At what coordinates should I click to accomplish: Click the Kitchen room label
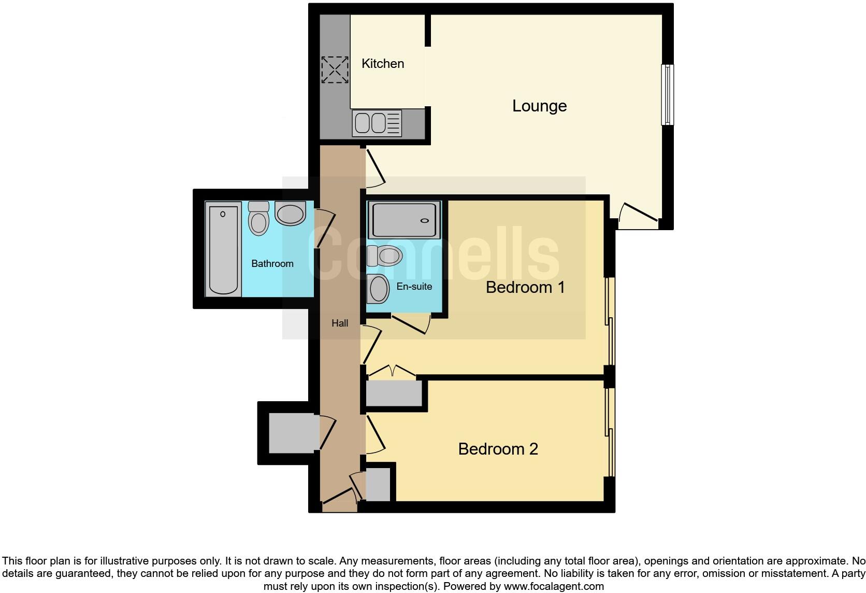[382, 64]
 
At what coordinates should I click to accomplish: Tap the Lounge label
[539, 106]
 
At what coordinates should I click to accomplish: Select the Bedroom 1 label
[525, 287]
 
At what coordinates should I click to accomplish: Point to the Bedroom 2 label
[498, 449]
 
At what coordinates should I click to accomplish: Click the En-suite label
[414, 286]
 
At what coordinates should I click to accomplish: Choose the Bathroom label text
[272, 264]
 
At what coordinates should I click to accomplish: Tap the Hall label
[340, 323]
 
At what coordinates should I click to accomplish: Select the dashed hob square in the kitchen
[335, 70]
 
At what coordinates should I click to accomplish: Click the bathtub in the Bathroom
[223, 249]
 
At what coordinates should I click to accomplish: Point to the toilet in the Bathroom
[258, 218]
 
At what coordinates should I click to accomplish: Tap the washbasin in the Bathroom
[290, 214]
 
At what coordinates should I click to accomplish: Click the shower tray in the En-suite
[404, 220]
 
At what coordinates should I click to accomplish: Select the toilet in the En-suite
[384, 256]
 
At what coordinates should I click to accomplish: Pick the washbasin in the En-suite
[378, 289]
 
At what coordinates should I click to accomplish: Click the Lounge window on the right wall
[668, 94]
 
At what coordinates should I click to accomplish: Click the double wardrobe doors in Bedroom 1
[393, 372]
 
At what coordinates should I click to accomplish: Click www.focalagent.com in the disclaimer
[554, 587]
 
